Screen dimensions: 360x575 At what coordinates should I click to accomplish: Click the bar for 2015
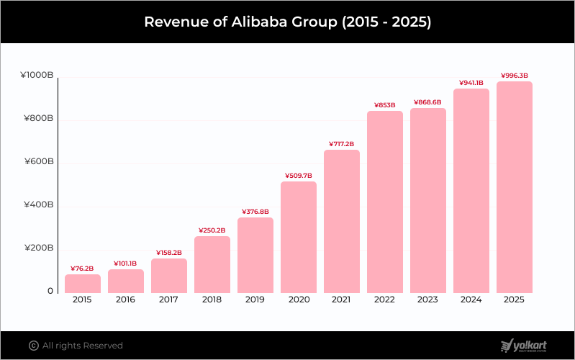click(x=83, y=284)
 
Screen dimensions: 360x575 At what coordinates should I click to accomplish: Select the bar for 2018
click(x=212, y=264)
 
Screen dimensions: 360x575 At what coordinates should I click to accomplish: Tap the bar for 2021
click(x=342, y=221)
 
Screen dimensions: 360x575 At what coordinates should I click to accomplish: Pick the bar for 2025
click(x=515, y=187)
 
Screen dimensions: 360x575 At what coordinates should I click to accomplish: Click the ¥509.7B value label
click(x=299, y=175)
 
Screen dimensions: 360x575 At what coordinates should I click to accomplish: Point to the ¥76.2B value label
click(x=83, y=269)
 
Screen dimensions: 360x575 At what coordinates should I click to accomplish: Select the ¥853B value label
click(x=385, y=105)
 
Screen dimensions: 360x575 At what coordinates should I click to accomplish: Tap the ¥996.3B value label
click(x=515, y=75)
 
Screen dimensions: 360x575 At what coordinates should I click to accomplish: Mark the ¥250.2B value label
click(x=212, y=230)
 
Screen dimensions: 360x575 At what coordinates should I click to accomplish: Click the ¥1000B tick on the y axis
click(x=37, y=75)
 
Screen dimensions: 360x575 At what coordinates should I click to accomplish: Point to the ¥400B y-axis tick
click(x=39, y=205)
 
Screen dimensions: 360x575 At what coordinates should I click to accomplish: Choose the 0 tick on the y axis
click(x=50, y=292)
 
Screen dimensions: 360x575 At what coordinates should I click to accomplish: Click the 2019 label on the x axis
click(x=255, y=300)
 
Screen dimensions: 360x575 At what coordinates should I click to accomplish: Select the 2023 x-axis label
click(x=428, y=300)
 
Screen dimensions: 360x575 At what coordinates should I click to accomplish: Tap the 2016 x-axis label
click(x=126, y=300)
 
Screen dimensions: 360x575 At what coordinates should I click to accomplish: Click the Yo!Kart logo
click(x=524, y=346)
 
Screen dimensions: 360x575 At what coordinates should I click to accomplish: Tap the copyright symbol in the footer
click(x=33, y=346)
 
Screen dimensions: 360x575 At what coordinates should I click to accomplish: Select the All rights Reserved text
click(x=83, y=346)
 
